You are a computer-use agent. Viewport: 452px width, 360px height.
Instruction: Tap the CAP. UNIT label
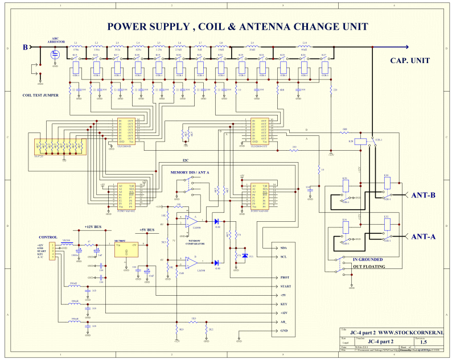[x=410, y=61]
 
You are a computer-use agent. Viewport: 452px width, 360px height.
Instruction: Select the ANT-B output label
[x=423, y=195]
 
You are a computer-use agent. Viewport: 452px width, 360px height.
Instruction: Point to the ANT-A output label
[x=423, y=237]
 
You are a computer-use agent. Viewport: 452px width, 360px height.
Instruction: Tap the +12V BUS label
[x=96, y=226]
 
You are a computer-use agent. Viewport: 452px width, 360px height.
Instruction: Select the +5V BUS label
[x=147, y=230]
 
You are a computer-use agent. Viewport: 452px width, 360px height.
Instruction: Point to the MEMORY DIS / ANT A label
[x=190, y=172]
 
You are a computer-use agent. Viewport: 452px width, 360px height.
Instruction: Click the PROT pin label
[x=285, y=278]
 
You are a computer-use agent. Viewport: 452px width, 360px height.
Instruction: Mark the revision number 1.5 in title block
[x=423, y=342]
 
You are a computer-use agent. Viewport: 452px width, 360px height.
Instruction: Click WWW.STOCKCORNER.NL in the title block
[x=404, y=332]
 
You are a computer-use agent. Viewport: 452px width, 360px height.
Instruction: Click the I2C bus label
[x=186, y=160]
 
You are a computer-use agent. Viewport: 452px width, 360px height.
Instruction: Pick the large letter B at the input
[x=25, y=47]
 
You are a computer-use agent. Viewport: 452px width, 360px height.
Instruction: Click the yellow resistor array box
[x=59, y=147]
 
